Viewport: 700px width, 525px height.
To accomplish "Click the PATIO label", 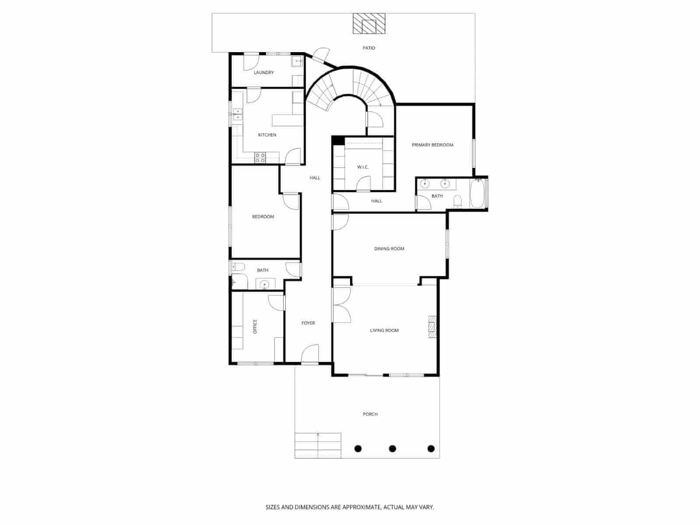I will point(369,48).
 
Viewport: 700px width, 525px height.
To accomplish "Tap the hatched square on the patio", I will point(370,24).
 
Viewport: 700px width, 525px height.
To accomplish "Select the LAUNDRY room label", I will point(264,73).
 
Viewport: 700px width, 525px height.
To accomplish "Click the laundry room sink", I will point(297,61).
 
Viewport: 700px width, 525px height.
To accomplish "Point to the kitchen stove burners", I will point(260,157).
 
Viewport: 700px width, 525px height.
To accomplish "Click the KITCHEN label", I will point(267,135).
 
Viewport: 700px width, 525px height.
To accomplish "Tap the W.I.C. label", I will point(363,167).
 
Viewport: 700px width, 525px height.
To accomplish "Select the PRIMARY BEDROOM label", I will point(432,145).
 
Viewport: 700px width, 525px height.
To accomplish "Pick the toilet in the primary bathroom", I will point(458,201).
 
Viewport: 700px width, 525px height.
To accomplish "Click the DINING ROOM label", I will point(389,248).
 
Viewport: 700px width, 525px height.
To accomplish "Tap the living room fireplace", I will point(432,327).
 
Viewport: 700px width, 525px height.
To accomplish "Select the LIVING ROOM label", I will point(384,330).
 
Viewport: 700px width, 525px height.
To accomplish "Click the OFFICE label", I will point(255,326).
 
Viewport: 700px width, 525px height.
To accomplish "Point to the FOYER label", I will point(308,323).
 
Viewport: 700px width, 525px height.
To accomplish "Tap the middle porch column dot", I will point(392,448).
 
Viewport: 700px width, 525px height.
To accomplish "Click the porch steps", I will point(318,445).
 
